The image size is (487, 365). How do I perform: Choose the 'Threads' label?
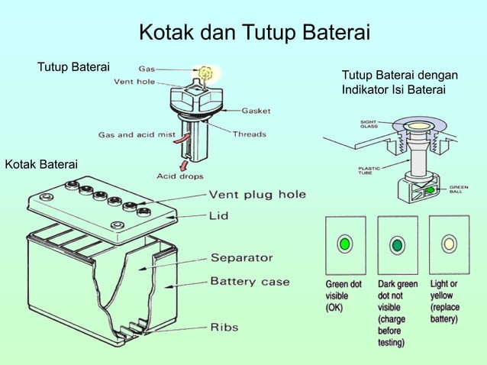tap(249, 134)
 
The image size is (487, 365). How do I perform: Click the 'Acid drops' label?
tap(179, 176)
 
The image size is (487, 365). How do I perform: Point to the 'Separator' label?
tap(241, 258)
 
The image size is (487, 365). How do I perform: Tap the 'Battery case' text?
tap(250, 282)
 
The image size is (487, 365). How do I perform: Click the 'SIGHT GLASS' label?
tap(368, 124)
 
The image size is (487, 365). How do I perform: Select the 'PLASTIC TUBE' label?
tap(370, 172)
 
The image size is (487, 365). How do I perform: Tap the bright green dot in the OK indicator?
tap(345, 244)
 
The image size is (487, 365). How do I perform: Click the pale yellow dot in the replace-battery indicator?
tap(449, 244)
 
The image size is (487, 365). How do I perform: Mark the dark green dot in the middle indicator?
tap(397, 245)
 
